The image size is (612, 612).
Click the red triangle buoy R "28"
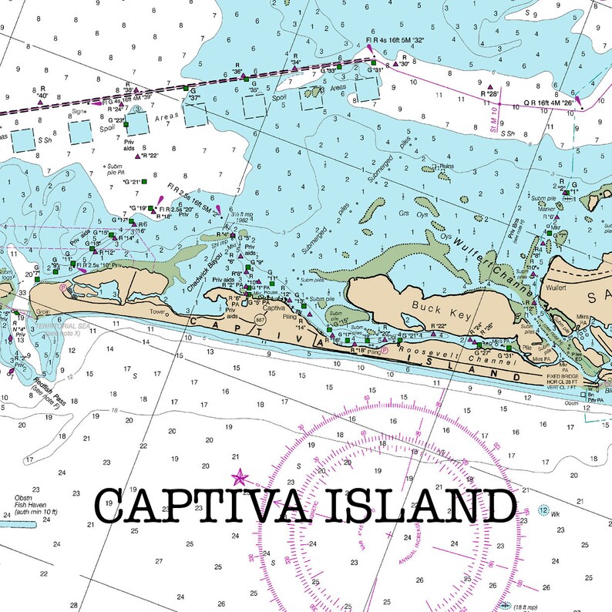tap(490, 86)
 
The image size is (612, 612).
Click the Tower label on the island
tap(158, 312)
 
